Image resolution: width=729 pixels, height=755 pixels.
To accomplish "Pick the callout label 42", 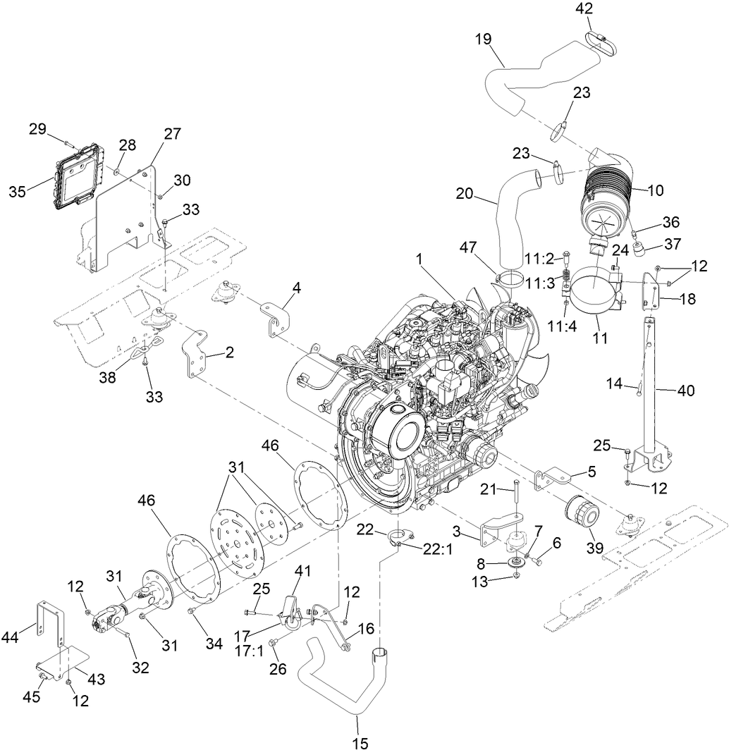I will click(x=584, y=8).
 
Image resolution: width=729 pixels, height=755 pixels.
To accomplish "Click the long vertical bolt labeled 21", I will click(x=517, y=501).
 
